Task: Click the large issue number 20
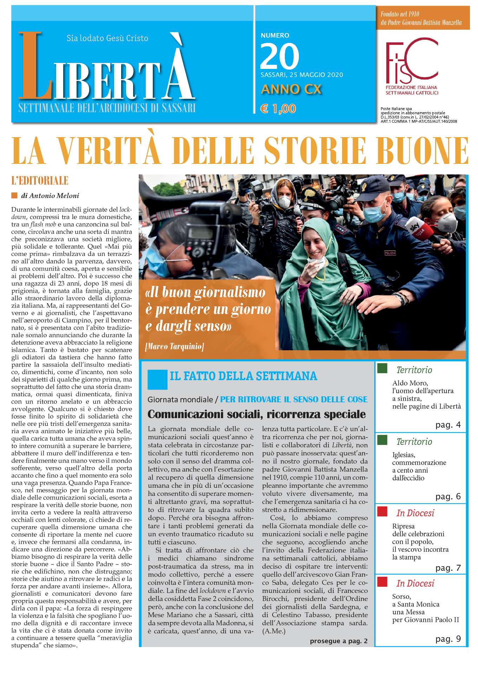tap(280, 56)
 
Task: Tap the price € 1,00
tap(278, 109)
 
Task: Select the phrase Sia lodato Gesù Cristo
tap(107, 38)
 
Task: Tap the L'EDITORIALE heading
tap(40, 181)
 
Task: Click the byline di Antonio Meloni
tap(50, 196)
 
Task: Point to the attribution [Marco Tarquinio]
tap(175, 346)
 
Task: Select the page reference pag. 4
tap(448, 425)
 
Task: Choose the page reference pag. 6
tap(448, 496)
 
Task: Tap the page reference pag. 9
tap(448, 639)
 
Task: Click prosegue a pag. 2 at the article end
tap(339, 641)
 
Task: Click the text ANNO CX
tap(291, 89)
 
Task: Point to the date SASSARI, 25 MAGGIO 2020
tap(302, 75)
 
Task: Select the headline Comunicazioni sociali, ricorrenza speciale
tap(256, 414)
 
